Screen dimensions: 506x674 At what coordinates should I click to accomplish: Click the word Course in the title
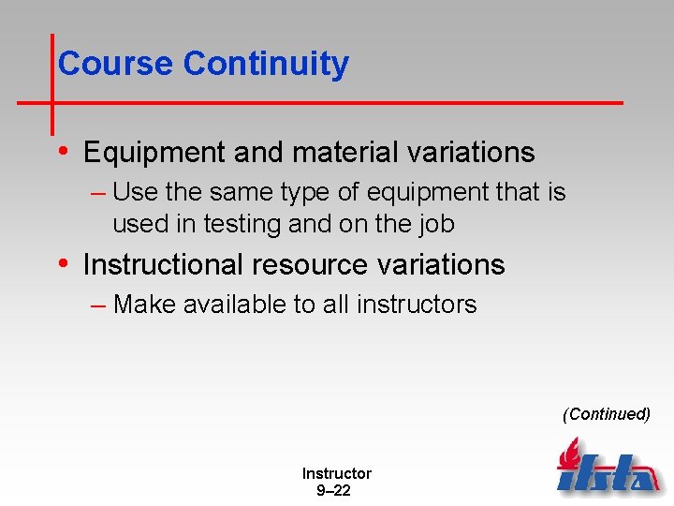click(116, 64)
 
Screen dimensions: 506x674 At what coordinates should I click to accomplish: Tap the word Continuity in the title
click(266, 64)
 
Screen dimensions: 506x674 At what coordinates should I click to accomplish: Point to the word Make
click(143, 305)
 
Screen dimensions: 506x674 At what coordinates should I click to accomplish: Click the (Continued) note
click(606, 414)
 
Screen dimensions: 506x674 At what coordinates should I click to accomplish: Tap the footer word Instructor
click(336, 474)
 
